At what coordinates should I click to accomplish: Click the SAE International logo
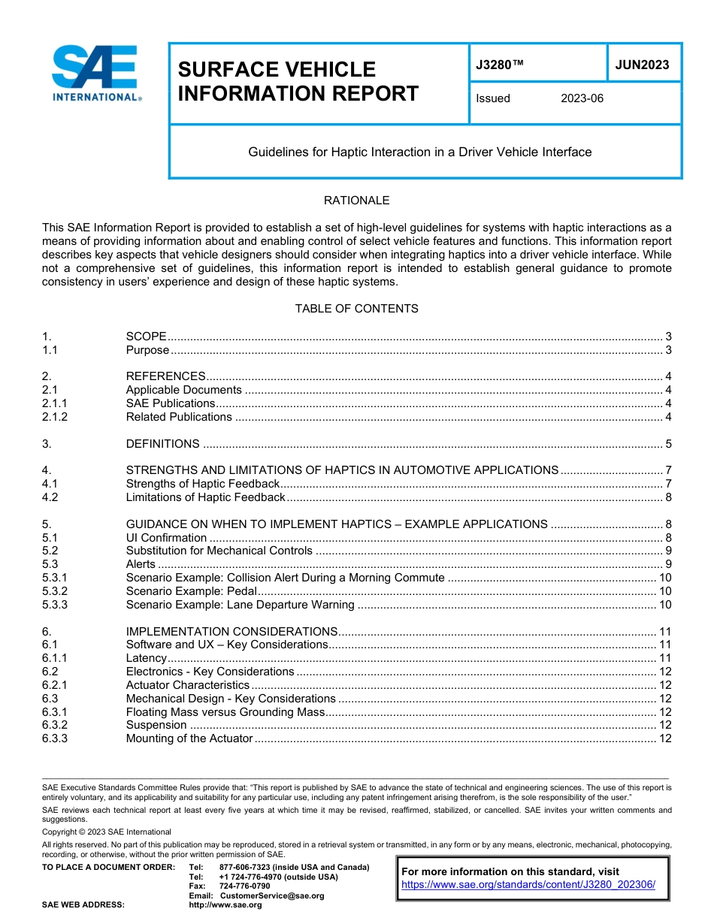click(96, 74)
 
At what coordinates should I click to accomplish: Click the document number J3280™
click(500, 65)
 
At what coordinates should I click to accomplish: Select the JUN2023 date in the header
click(642, 65)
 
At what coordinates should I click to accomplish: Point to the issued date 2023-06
click(582, 98)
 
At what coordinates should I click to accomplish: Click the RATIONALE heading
click(356, 201)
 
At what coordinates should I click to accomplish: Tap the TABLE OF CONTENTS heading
click(356, 309)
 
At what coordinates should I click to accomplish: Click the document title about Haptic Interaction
click(420, 152)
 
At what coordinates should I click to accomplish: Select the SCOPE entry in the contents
click(146, 337)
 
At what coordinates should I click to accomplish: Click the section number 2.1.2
click(55, 417)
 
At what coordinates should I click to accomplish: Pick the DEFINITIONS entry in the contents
click(163, 444)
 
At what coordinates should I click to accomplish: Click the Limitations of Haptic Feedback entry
click(205, 497)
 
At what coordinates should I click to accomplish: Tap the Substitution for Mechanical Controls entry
click(219, 551)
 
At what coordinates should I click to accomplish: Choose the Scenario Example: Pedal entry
click(191, 592)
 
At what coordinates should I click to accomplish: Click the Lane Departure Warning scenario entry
click(240, 605)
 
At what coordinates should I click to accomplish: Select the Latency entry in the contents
click(146, 659)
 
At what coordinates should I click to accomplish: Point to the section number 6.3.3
click(55, 739)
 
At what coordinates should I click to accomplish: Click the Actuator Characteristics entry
click(187, 685)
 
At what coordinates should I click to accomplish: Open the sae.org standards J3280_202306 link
click(528, 885)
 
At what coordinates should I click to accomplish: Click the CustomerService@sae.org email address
click(272, 895)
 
